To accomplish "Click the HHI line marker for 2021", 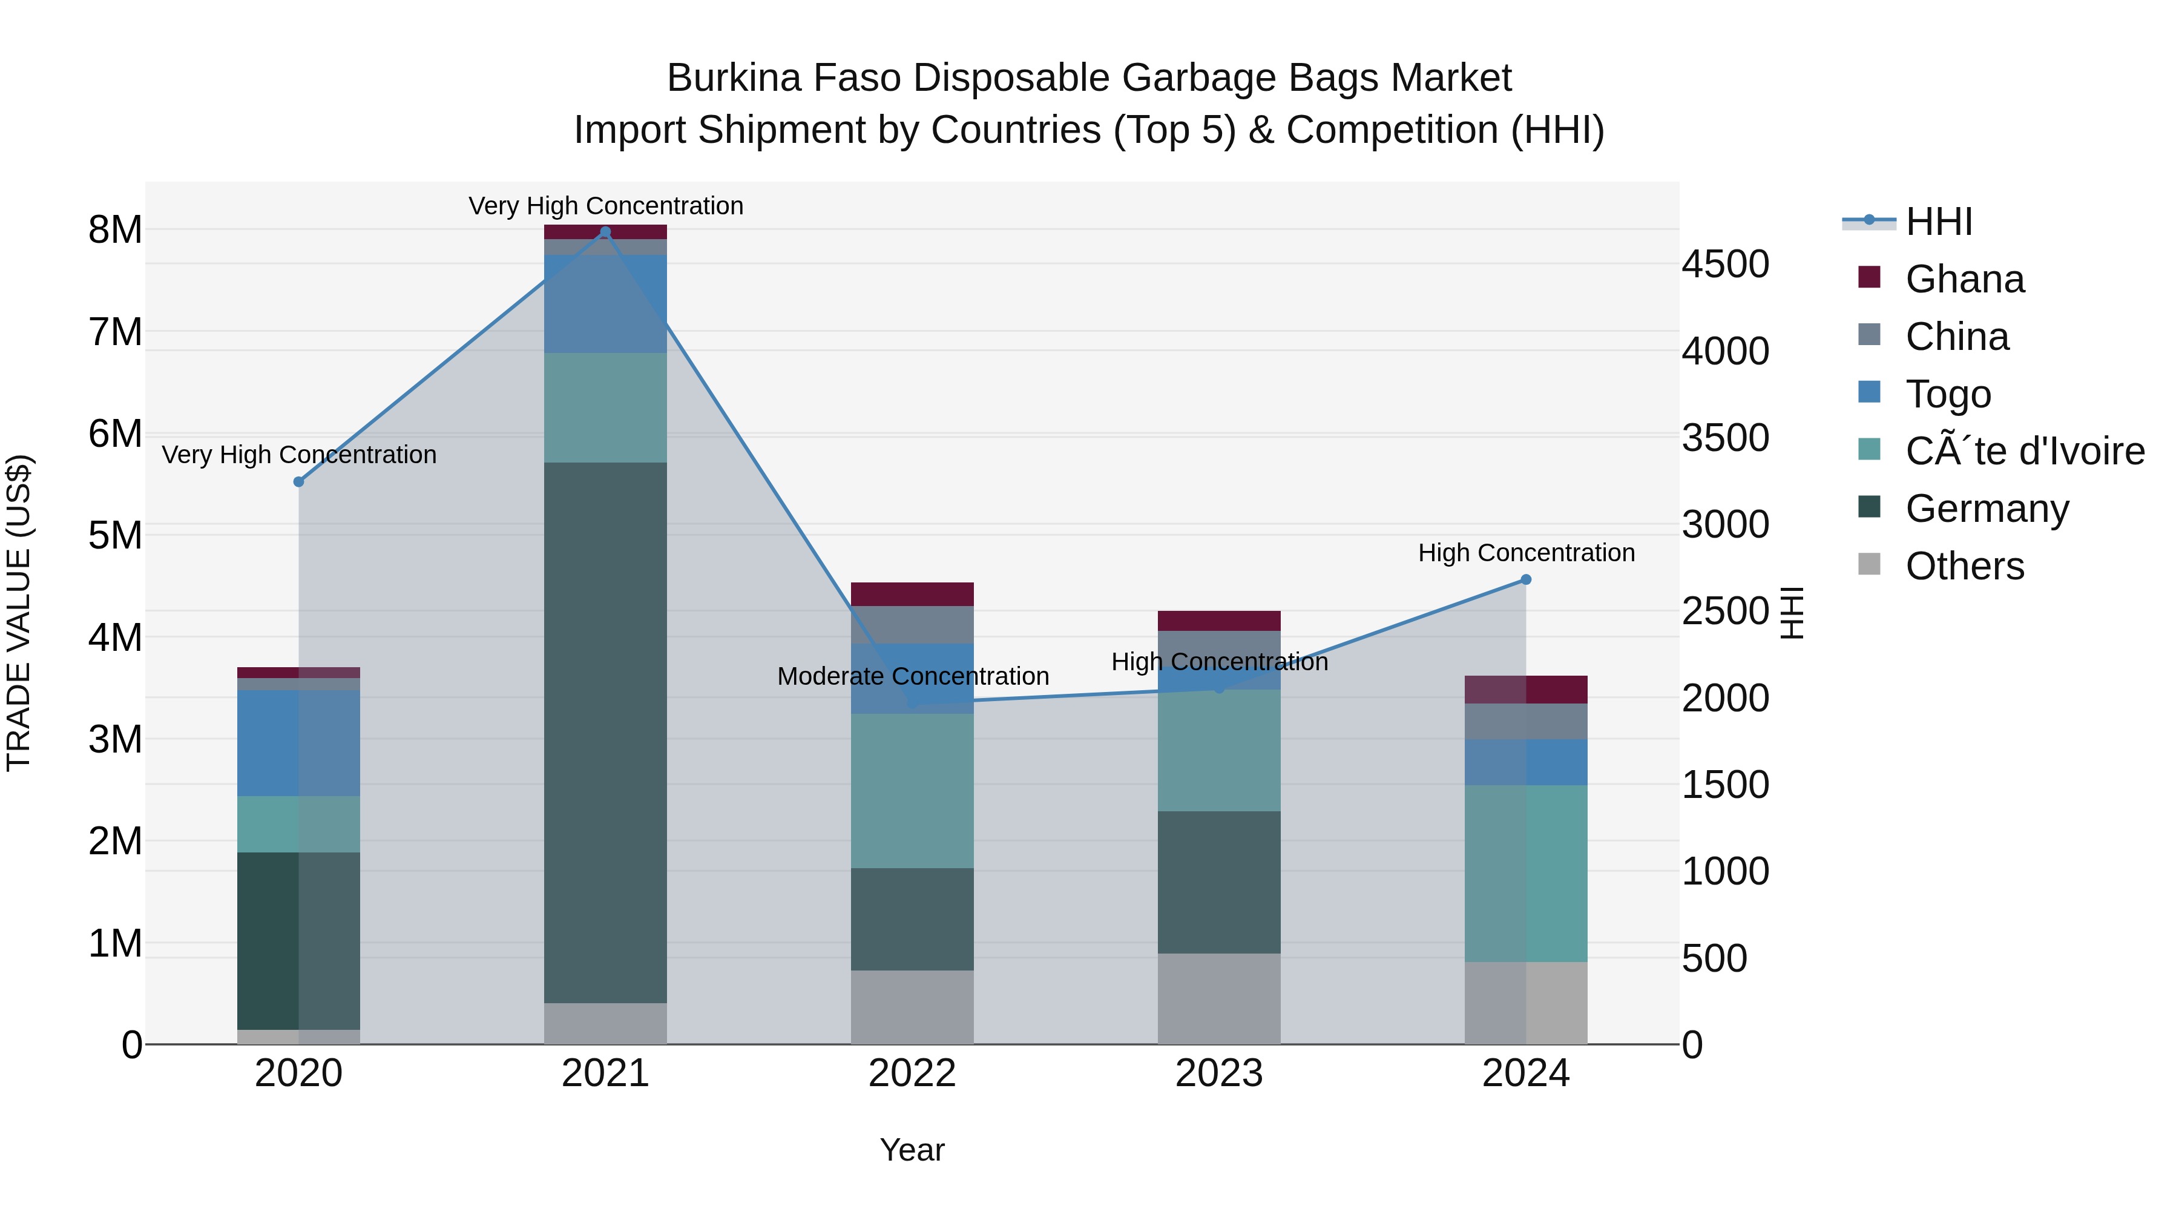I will pos(605,232).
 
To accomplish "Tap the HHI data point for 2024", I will pos(1526,579).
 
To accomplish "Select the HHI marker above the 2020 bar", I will pos(298,481).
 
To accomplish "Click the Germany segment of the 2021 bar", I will pos(605,732).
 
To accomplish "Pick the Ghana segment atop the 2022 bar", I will pos(912,594).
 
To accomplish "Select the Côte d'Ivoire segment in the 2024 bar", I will pos(1526,873).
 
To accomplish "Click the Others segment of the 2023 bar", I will pos(1219,998).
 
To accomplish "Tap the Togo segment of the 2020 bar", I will pos(298,743).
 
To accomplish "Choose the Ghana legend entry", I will pos(1964,279).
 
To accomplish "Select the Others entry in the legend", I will pos(1964,566).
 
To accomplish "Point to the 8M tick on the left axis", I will pos(115,229).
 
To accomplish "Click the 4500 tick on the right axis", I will pos(1725,264).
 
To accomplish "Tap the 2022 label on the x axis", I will pos(912,1073).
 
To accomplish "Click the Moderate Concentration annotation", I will pos(913,676).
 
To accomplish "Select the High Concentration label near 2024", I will pos(1526,553).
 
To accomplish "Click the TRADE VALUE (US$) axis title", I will pos(19,613).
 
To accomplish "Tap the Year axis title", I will pos(912,1150).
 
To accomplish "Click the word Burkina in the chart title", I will pos(734,78).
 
